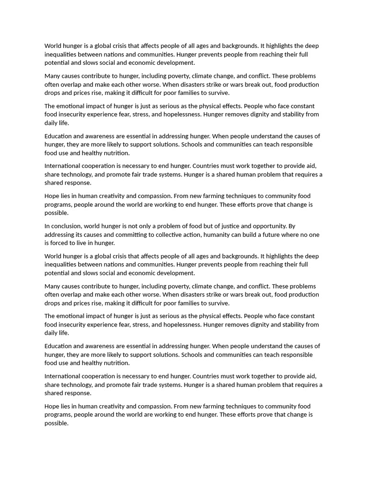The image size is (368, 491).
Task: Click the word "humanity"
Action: (x=228, y=235)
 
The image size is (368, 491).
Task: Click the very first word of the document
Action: (x=54, y=46)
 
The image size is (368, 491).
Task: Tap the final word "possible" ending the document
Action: (x=56, y=423)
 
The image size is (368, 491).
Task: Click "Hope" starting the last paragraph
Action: (x=52, y=406)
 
